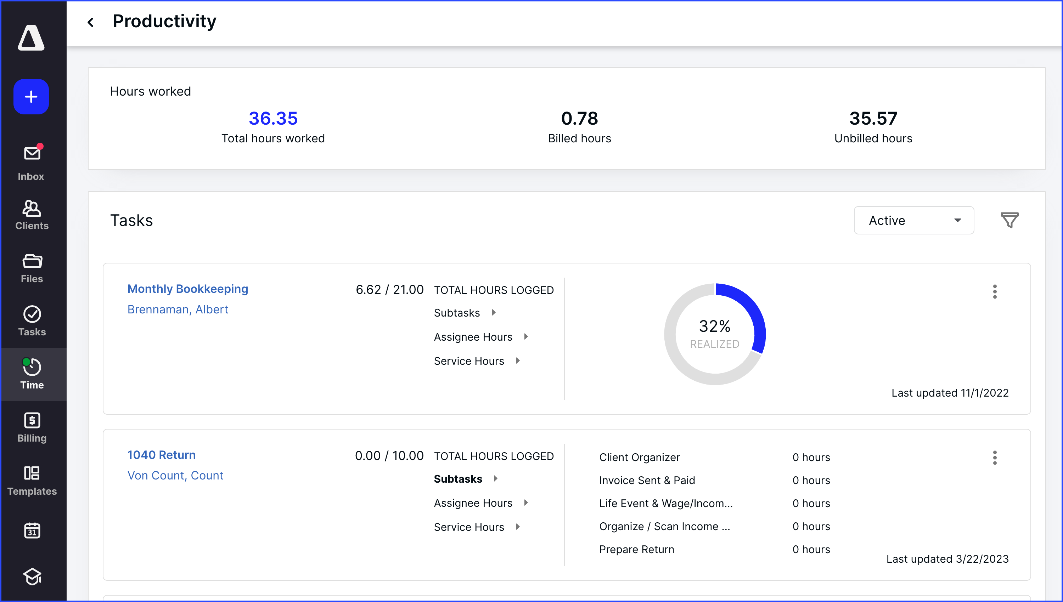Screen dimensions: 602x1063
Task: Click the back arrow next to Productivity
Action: coord(91,22)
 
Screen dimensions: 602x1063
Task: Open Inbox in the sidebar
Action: coord(32,162)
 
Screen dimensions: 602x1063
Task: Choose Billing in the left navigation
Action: coord(32,427)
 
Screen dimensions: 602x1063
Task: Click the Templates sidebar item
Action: coord(32,481)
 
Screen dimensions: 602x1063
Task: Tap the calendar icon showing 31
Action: coord(32,530)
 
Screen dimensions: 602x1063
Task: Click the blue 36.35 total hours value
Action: coord(273,119)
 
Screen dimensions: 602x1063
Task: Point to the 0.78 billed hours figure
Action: coord(579,119)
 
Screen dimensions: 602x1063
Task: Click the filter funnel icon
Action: coord(1009,220)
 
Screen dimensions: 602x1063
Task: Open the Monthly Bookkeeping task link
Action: coord(187,289)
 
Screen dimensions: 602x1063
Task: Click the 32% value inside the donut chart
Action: coord(714,326)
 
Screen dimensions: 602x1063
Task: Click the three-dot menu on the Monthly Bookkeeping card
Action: coord(994,291)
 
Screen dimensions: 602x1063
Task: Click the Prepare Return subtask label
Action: coord(636,550)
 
